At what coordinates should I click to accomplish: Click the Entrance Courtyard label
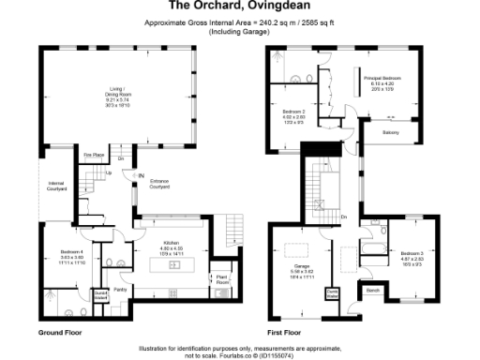pos(159,186)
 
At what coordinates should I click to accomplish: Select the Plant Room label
pos(222,279)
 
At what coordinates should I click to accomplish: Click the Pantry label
pos(120,290)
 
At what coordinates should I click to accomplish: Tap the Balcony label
pos(392,132)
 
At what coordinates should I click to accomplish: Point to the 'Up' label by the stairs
pos(108,173)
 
